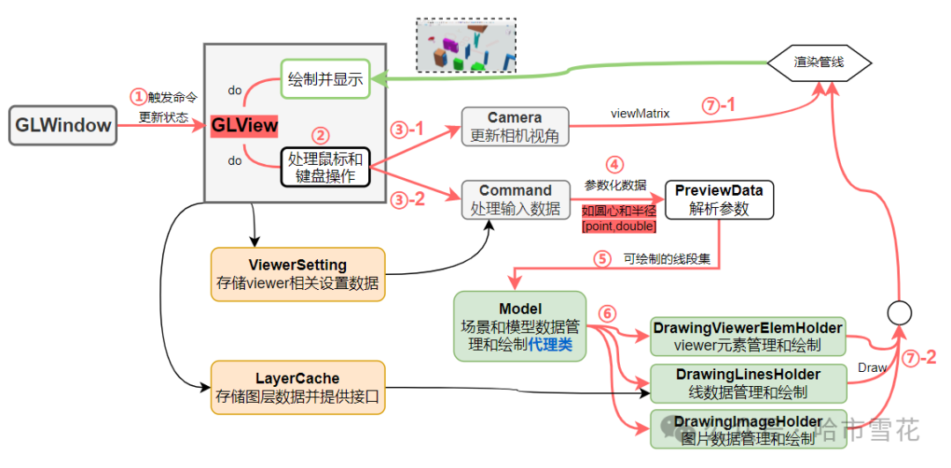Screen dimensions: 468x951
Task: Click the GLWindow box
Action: pos(63,125)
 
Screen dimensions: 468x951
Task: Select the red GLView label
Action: pos(244,125)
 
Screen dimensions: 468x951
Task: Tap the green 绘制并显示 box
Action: pos(324,78)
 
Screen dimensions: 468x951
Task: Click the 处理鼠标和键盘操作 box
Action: pos(325,167)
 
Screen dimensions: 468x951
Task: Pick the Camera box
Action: pos(515,127)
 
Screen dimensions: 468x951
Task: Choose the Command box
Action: pos(515,199)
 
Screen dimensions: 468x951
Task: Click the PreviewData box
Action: pos(719,199)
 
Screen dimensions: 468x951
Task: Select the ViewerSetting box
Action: pos(298,273)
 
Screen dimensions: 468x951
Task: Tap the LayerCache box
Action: pos(298,387)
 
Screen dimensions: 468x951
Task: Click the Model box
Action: pos(520,326)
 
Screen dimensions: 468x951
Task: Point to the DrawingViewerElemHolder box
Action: pos(747,336)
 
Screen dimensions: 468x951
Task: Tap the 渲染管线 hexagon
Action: pos(819,63)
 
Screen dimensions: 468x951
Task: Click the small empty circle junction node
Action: pos(898,313)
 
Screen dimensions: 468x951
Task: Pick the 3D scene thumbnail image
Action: pos(466,44)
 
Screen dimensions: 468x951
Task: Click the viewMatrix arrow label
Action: pos(639,114)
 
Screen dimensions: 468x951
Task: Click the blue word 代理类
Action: pos(550,345)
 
